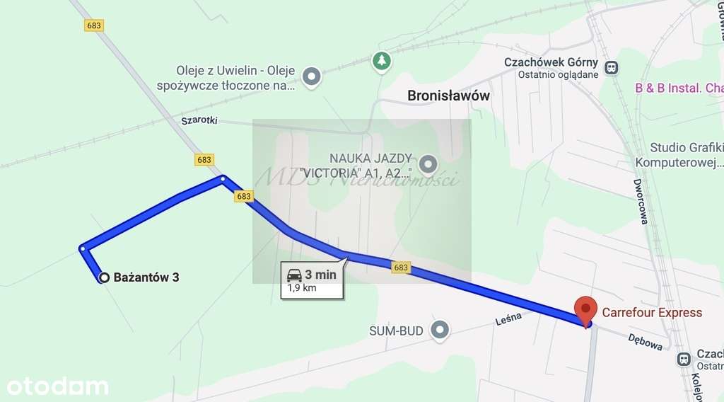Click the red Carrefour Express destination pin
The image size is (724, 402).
tap(585, 310)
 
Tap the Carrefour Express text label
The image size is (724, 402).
tap(652, 312)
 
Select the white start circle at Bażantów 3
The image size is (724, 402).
tap(104, 277)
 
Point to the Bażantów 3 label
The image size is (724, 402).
tap(146, 277)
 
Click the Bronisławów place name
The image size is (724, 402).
tap(448, 96)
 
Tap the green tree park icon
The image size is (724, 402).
tap(382, 61)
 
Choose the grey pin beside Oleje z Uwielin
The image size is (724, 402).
tap(311, 75)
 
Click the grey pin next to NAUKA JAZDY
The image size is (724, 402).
tap(428, 165)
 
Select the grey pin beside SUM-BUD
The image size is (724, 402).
tap(440, 331)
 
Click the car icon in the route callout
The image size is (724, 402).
tap(294, 275)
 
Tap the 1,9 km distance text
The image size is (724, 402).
tap(301, 288)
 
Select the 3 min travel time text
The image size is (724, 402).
tap(320, 275)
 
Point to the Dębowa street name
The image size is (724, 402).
tap(646, 343)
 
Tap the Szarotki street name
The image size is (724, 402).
tap(199, 120)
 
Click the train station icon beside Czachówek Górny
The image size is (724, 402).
tap(612, 68)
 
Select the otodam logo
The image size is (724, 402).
tap(57, 386)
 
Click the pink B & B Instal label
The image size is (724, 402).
tap(679, 88)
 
